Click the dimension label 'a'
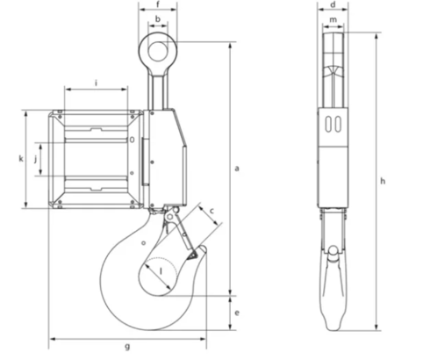point(237,166)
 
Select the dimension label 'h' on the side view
point(383,181)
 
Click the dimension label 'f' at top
point(158,5)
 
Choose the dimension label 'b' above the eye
point(158,18)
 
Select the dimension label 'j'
point(35,159)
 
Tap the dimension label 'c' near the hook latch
point(211,210)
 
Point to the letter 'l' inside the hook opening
point(161,270)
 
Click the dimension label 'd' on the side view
point(333,5)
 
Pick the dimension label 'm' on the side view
point(333,18)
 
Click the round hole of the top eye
point(158,50)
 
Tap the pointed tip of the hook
point(202,253)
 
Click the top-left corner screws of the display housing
point(57,114)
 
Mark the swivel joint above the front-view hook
point(166,212)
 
